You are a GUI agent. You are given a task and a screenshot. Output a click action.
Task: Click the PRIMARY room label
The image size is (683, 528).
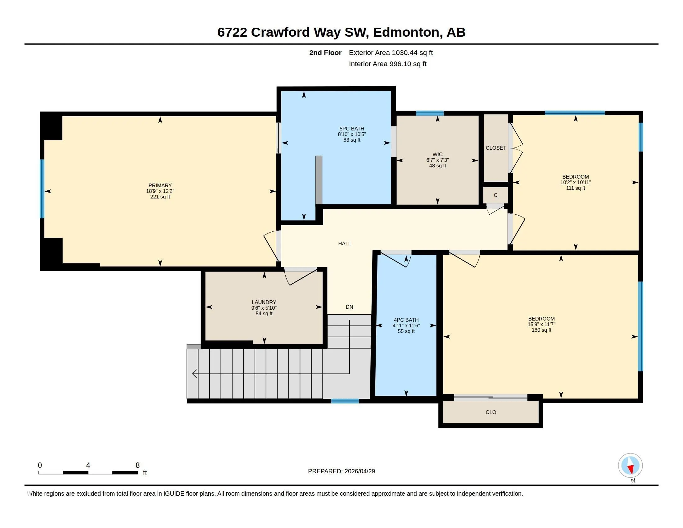coord(160,185)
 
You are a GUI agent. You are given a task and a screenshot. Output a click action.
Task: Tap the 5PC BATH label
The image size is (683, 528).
coord(351,129)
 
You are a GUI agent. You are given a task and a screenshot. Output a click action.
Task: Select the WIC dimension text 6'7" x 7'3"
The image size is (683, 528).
coord(437,160)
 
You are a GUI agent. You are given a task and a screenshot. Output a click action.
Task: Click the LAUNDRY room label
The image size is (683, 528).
coord(264,302)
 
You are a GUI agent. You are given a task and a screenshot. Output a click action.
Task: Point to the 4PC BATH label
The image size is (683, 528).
coord(406,320)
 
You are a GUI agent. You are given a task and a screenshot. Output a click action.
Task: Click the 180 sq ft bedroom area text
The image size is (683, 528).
coord(541,330)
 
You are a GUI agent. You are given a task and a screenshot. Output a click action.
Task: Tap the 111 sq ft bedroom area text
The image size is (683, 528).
coord(575,188)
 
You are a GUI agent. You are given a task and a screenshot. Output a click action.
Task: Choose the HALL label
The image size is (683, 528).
coord(344,244)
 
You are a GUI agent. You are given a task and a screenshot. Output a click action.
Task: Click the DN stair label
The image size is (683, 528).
coord(349,307)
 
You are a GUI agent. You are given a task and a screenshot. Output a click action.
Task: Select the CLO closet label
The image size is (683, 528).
coord(491,412)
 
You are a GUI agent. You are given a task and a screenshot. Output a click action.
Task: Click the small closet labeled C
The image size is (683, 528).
coord(495,195)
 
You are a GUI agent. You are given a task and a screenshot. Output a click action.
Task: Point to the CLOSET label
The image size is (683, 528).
coord(496,148)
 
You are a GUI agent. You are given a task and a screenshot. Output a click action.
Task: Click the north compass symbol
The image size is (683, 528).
coord(630,466)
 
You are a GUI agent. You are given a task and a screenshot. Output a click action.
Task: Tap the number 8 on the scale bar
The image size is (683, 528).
coord(138,465)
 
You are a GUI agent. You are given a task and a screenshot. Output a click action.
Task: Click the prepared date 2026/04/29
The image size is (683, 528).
coord(360,471)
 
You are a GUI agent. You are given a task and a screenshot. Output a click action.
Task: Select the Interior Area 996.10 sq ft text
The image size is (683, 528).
coord(387,64)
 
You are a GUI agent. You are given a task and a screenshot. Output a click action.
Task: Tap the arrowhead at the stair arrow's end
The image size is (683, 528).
coord(194,373)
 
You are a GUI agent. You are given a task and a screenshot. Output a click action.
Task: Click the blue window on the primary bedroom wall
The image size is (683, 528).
coord(42,189)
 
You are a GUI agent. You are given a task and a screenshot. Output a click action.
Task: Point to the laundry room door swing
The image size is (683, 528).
coord(300,277)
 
